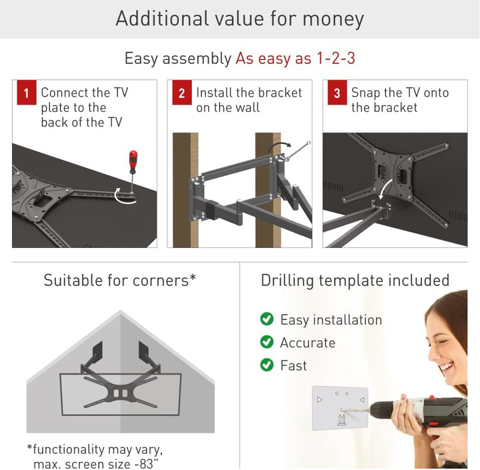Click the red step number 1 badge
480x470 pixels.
click(26, 93)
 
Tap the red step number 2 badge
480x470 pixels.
click(181, 93)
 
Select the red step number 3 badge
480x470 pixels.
click(337, 93)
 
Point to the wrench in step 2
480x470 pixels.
click(293, 149)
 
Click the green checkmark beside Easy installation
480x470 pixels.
click(267, 319)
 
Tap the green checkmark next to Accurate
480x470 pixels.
click(267, 342)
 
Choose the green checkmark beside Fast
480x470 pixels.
click(267, 365)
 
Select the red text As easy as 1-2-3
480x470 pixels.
click(295, 59)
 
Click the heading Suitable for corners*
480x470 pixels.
click(120, 280)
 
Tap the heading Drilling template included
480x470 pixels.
click(355, 280)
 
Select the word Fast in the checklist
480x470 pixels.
click(293, 365)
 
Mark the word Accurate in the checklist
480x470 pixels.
click(307, 343)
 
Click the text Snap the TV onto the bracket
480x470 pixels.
click(400, 100)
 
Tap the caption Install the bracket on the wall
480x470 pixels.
click(249, 100)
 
